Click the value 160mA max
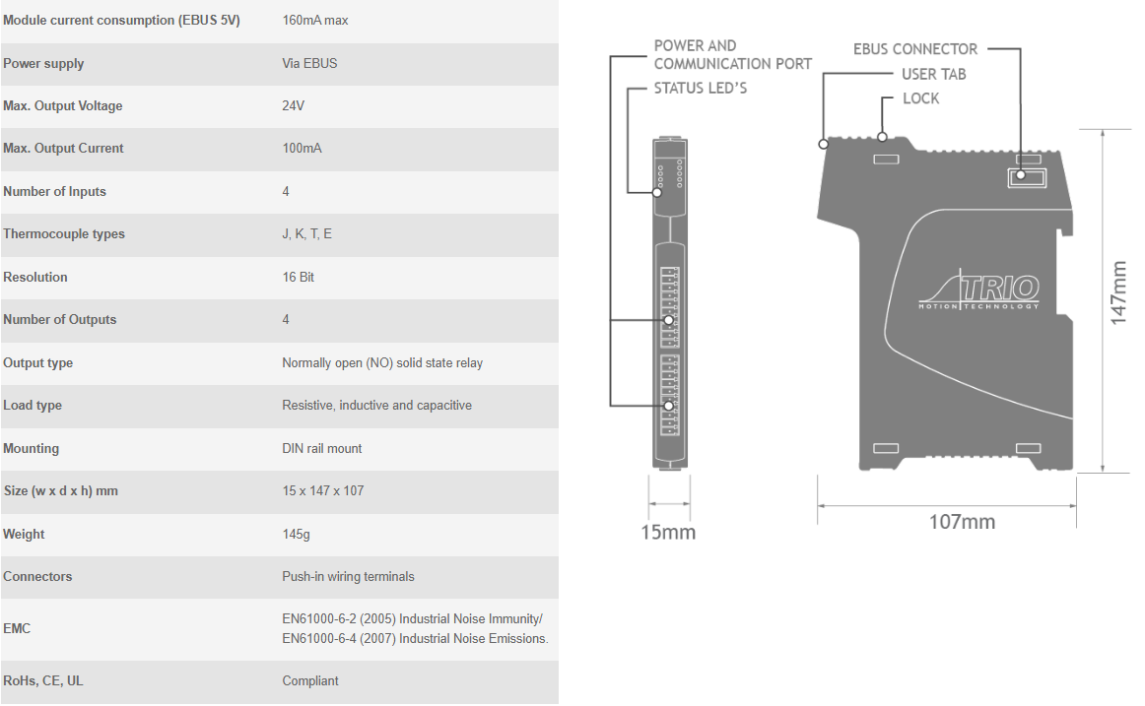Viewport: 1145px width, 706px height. [x=314, y=21]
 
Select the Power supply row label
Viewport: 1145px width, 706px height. [x=43, y=63]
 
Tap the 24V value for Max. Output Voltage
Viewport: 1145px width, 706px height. [x=293, y=105]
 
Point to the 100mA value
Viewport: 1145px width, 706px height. [x=302, y=148]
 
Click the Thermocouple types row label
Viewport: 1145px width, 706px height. [x=63, y=234]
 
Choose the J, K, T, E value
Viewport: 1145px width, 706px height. [x=306, y=234]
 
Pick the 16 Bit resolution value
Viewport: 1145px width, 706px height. [x=298, y=277]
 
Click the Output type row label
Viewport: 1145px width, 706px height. [x=38, y=363]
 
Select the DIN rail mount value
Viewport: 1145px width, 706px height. [x=322, y=449]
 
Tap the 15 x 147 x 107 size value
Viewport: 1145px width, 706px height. [x=323, y=490]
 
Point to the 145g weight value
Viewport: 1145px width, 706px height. [x=296, y=535]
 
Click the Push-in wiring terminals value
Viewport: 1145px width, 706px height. [x=348, y=577]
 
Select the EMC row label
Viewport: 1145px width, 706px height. [x=17, y=628]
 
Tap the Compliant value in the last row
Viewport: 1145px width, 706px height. [x=310, y=681]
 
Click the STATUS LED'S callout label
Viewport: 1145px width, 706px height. [x=701, y=89]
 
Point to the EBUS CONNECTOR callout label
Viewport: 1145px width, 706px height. [x=915, y=49]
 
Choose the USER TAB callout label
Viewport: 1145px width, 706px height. [x=934, y=75]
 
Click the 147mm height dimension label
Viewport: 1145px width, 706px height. [x=1118, y=292]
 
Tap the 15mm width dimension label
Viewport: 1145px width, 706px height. [x=668, y=533]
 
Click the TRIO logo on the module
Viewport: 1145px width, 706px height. [x=979, y=289]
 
